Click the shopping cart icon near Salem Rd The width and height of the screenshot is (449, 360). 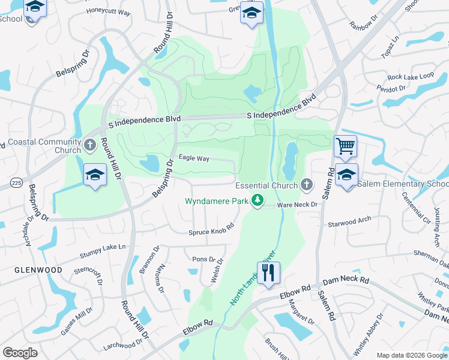click(345, 146)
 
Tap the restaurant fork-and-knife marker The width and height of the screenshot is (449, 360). click(269, 272)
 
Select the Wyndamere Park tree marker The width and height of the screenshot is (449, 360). click(258, 201)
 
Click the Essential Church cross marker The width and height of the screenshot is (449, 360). click(307, 185)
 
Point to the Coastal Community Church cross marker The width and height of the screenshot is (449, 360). click(89, 145)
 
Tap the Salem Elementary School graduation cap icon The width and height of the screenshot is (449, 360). click(346, 175)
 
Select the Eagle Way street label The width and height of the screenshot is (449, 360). click(194, 158)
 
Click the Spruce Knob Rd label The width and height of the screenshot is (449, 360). click(211, 232)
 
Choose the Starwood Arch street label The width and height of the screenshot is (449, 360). click(350, 223)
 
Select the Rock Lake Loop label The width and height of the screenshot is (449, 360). click(411, 76)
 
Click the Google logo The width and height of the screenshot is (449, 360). click(20, 353)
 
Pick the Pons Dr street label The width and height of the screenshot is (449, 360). click(203, 259)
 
